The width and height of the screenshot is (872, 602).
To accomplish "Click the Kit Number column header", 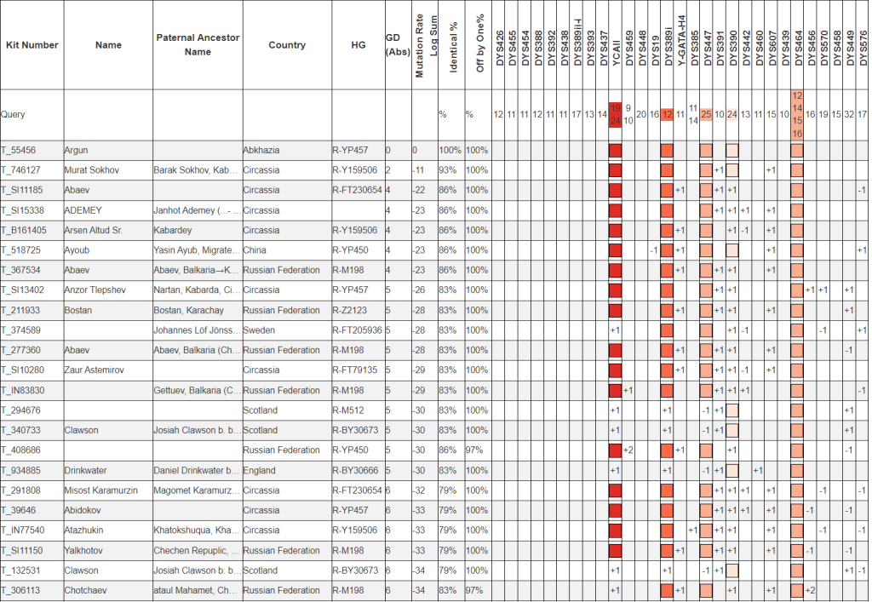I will [x=32, y=45].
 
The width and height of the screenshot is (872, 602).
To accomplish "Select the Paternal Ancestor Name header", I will [x=198, y=45].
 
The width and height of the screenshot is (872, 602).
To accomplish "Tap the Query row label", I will [x=13, y=114].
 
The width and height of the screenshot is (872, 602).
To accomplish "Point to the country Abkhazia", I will [x=261, y=151].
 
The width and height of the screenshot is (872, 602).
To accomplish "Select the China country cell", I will [x=255, y=250].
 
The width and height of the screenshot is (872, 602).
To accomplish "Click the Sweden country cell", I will [x=259, y=330].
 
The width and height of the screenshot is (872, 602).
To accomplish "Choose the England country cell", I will [x=259, y=470].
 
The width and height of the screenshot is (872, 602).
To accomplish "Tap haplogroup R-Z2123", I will [x=352, y=310].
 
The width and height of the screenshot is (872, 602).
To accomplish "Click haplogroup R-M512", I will [x=350, y=410].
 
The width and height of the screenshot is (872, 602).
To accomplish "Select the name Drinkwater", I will [x=87, y=470].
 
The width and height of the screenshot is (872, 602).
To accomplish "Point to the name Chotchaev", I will [x=86, y=590].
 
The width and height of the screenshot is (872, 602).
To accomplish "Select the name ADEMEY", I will [x=82, y=210].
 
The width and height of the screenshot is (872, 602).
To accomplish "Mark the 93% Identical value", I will [x=448, y=170].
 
